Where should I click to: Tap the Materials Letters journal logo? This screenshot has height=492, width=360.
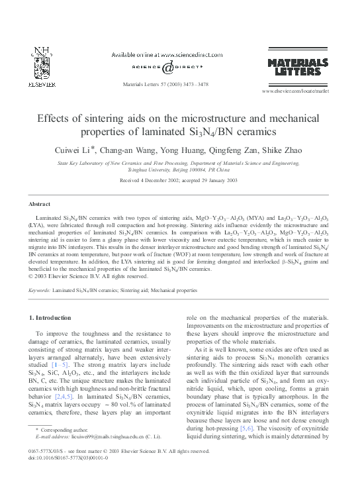[297, 66]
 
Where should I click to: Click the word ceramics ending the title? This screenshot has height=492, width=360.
[250, 131]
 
